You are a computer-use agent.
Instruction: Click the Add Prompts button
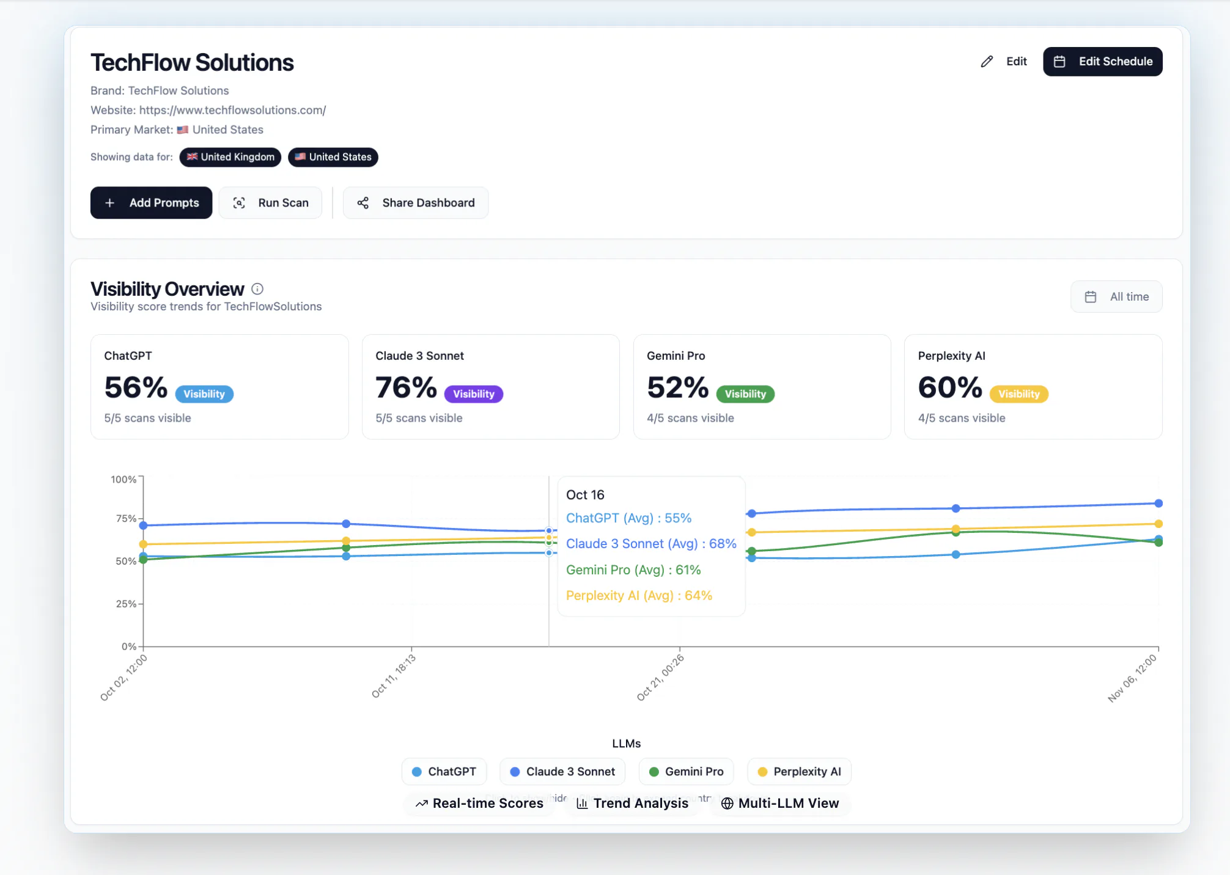151,203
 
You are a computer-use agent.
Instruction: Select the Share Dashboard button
416,203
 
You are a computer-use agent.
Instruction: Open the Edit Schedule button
1103,62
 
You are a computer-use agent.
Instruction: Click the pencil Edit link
1004,62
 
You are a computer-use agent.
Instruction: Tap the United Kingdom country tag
230,157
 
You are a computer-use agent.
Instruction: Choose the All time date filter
1116,297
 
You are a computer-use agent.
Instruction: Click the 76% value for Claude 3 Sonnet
407,387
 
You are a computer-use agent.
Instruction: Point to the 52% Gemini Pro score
678,387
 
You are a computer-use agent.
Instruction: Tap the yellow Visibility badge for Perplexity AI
1019,394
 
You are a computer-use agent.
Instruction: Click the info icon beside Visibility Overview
257,289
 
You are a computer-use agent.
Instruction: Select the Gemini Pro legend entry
686,772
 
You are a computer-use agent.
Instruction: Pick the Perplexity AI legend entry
799,772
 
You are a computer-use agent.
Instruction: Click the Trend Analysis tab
633,804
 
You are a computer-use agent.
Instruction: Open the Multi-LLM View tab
780,804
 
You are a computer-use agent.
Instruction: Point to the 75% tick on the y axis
126,519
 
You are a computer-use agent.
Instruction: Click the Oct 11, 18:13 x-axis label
393,676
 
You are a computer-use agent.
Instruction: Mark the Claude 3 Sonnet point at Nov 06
1158,503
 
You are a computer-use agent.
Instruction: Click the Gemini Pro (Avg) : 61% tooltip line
633,570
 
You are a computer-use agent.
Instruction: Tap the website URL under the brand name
232,110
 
